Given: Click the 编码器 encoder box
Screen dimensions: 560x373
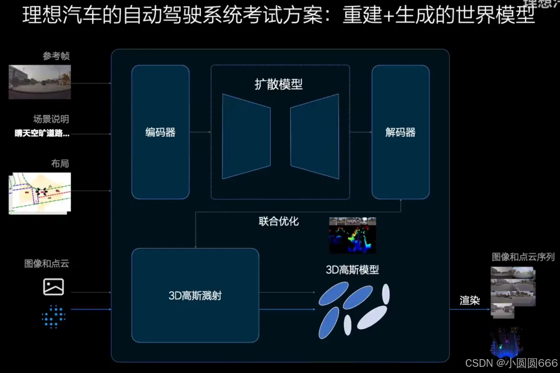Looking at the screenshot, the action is tap(160, 132).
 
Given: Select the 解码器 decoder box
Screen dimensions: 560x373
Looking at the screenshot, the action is tap(400, 132).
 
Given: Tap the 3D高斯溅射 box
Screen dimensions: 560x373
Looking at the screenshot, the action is tap(195, 295).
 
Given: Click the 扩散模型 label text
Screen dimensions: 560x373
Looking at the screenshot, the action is tap(278, 85).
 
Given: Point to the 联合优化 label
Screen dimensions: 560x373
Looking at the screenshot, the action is tap(278, 221).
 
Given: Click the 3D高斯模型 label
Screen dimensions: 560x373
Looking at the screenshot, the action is tap(352, 270).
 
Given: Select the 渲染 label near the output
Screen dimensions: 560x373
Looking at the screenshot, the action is tap(470, 300).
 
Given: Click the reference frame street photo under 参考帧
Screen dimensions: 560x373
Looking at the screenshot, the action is tap(40, 82).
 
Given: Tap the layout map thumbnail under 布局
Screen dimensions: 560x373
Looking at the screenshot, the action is tap(40, 192).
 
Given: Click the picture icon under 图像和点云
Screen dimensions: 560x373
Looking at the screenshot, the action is tap(54, 286).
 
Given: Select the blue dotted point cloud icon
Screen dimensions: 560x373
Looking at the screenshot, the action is tap(54, 316).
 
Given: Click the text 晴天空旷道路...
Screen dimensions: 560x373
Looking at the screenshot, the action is tap(42, 133).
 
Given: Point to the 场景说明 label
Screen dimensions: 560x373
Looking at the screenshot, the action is tap(51, 119).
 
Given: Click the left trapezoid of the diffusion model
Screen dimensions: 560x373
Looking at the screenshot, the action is tap(246, 136).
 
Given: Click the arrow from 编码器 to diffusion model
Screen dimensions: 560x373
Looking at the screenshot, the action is tap(200, 132).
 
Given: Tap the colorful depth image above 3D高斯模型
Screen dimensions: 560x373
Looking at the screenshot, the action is tap(352, 235).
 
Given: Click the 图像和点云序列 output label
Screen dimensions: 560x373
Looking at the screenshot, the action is tap(523, 257).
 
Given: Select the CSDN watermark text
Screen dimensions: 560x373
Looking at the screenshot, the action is tap(511, 363).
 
